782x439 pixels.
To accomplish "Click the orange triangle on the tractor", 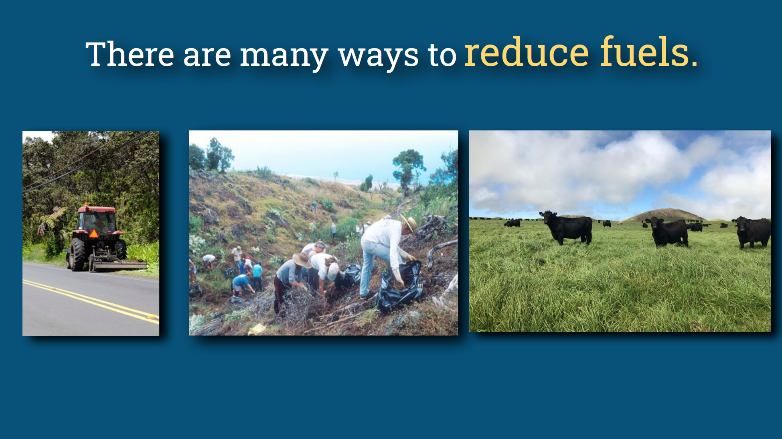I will [x=93, y=233].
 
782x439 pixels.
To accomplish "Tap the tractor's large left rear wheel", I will [x=77, y=254].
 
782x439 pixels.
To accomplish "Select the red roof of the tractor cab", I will [x=97, y=209].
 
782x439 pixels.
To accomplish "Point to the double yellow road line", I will [x=92, y=301].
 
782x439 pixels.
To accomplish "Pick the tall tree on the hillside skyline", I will [x=407, y=165].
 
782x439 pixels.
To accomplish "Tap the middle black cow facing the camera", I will [x=669, y=232].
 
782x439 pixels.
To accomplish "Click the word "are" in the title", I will [x=207, y=55].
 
